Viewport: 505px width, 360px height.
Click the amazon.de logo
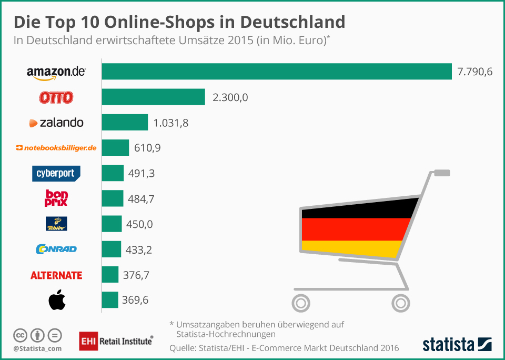tap(56, 73)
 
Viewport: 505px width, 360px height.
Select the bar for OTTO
tap(153, 97)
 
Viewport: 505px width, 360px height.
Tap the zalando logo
tap(56, 123)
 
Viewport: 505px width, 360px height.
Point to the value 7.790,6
tap(474, 72)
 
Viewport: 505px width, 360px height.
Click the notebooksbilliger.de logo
tap(56, 148)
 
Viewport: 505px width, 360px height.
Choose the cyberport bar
tap(113, 173)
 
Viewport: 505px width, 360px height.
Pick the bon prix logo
tap(56, 198)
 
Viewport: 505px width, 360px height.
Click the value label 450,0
tap(139, 224)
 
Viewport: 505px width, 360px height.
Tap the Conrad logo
tap(56, 249)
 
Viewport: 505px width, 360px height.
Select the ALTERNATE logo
tap(56, 275)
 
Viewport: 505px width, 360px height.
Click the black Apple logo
tap(56, 301)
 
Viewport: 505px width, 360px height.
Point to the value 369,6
tap(136, 300)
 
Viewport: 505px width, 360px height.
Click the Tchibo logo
tap(56, 224)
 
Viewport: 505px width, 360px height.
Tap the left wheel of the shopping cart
tap(301, 303)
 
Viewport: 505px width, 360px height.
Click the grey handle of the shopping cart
tap(441, 172)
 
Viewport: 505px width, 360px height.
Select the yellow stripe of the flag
tap(352, 248)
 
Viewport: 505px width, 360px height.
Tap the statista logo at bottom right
tap(457, 345)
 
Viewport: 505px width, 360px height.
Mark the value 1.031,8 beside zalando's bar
tap(170, 123)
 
